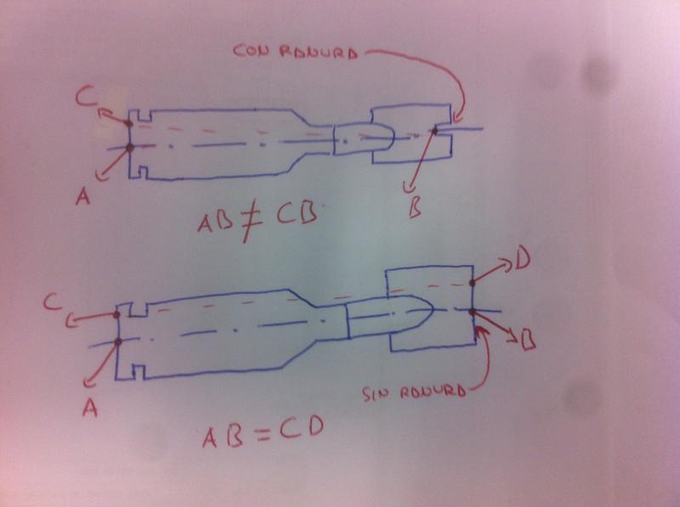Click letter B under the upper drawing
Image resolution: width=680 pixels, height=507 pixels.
tap(414, 207)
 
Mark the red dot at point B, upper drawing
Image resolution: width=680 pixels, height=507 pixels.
tap(434, 130)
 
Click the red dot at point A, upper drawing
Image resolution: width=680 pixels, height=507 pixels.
tap(130, 148)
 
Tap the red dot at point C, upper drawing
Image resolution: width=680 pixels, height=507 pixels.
tap(128, 123)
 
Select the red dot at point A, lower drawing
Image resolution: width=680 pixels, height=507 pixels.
tap(118, 341)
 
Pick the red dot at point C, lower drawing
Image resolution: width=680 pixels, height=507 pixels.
tap(117, 315)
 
